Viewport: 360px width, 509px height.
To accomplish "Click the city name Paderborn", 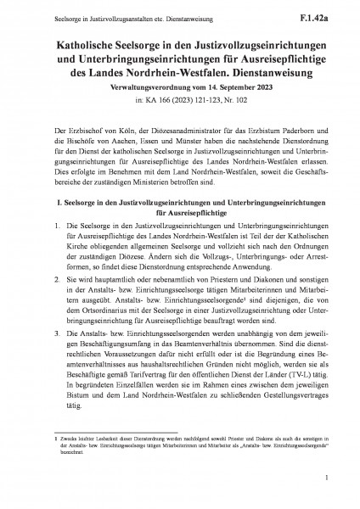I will click(284, 126).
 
